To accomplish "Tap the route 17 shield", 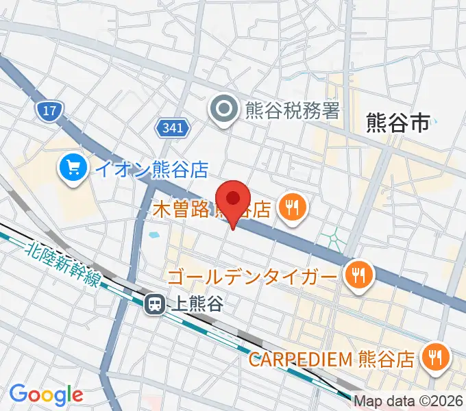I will click(x=49, y=110).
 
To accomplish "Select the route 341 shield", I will click(x=171, y=127).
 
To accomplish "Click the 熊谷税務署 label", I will click(x=292, y=110).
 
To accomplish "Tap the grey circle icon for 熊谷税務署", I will click(x=223, y=109).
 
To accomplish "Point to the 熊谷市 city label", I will click(x=397, y=123).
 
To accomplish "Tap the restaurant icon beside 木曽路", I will click(x=293, y=208).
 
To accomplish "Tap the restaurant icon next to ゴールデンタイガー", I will click(x=357, y=276).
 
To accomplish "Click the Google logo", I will click(x=46, y=394).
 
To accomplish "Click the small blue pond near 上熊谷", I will click(x=154, y=236).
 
